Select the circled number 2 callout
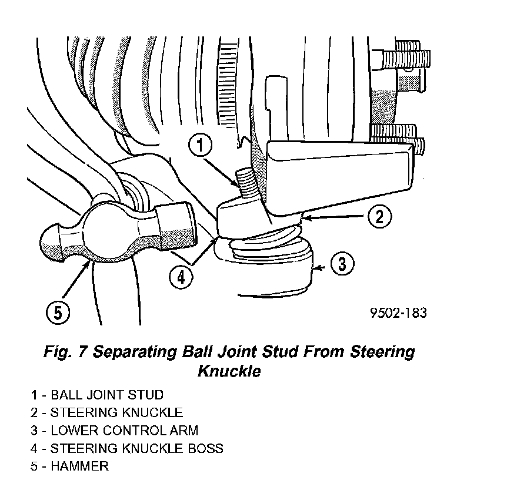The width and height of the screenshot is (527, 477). pos(379,217)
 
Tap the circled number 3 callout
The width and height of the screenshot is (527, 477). pos(342,264)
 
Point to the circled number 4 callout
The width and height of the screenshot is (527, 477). pos(181,276)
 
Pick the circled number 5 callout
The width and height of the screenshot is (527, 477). pos(58,313)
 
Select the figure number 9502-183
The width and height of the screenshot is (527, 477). pos(398,313)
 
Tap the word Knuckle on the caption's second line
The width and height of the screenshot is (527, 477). pos(229,372)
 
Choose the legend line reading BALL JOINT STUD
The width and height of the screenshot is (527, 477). pos(106,395)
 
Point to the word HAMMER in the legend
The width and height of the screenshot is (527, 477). pos(79,466)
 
